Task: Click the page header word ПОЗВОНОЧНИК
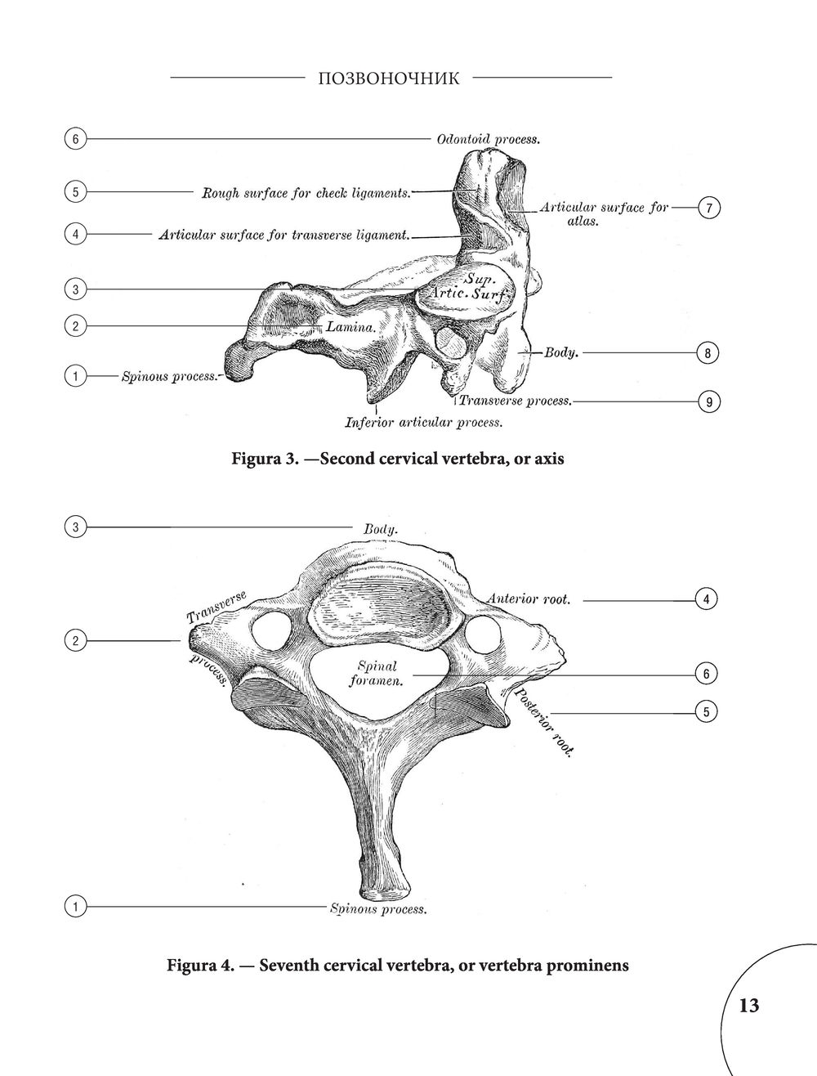389,78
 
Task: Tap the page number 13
748,1006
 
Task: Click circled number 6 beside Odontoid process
75,139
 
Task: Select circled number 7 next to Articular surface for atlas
709,208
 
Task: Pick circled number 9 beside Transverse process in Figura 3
709,402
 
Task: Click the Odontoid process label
489,140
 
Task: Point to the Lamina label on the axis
350,327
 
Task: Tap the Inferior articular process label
424,423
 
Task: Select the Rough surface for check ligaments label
306,193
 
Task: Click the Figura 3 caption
398,459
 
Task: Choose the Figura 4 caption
398,966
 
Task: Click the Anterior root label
529,599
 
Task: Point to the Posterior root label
542,722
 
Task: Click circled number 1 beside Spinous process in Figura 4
75,907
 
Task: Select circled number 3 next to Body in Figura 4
75,527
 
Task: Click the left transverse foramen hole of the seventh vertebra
271,632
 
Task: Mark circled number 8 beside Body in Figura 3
708,353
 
